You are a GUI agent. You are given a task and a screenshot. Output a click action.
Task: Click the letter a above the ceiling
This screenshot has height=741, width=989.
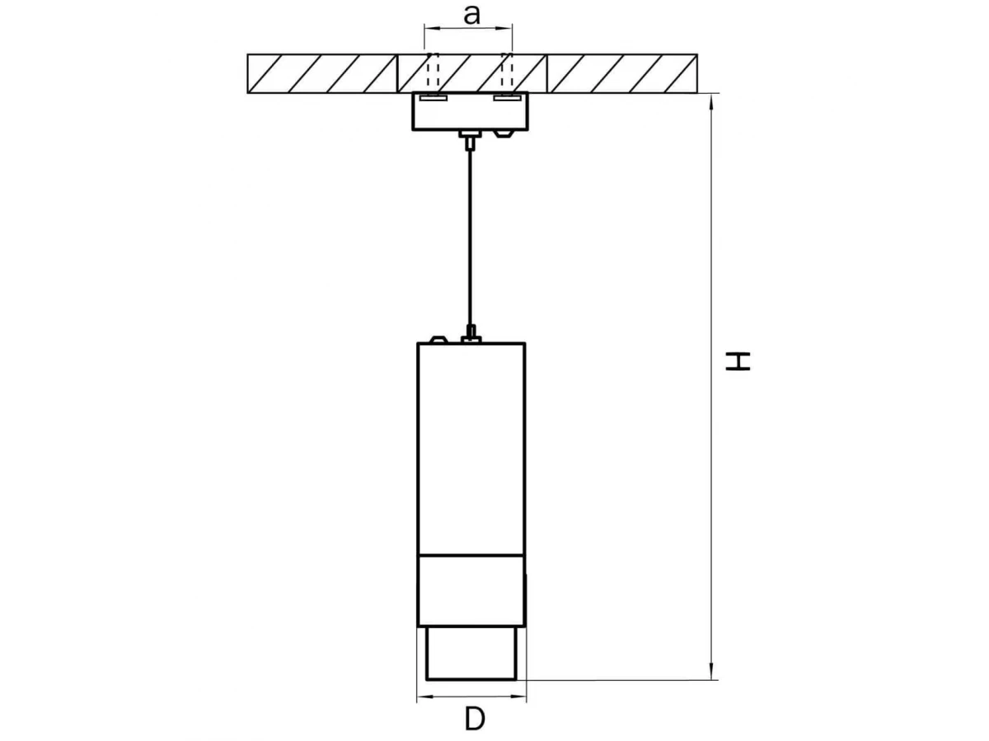pos(471,16)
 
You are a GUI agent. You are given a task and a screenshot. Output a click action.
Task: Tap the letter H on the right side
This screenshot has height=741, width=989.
pos(738,361)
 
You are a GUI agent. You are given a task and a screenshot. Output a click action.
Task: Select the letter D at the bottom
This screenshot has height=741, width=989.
pos(475,719)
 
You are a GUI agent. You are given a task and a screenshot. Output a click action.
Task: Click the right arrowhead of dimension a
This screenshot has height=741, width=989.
pos(505,28)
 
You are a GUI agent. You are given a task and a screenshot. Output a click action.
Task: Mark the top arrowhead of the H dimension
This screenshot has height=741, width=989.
pos(711,102)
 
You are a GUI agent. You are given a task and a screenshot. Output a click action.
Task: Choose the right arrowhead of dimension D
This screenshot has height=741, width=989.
pos(518,697)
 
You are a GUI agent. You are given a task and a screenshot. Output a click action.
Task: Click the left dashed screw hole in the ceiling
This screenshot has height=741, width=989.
pos(433,70)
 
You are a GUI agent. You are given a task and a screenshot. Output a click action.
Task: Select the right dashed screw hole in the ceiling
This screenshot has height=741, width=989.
pos(507,70)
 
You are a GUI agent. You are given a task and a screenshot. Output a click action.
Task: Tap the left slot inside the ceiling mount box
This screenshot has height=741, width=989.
pos(433,98)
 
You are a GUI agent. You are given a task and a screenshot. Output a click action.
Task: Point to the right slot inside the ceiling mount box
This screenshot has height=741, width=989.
pos(508,98)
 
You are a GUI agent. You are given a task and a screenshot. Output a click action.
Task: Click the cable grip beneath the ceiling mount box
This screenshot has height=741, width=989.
pos(471,139)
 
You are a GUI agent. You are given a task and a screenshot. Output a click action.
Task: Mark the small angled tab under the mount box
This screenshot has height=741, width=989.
pos(503,133)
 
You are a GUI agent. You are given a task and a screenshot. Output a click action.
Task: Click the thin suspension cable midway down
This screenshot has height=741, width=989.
pos(471,238)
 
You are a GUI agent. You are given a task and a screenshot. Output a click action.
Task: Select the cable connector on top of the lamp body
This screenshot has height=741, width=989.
pos(471,335)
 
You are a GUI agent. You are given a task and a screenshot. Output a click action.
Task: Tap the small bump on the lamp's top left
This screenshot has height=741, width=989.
pos(438,340)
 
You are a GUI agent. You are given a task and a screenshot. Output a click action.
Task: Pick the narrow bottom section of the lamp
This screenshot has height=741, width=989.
pos(471,653)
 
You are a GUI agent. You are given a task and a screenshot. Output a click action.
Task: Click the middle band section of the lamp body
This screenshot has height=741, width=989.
pos(471,590)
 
